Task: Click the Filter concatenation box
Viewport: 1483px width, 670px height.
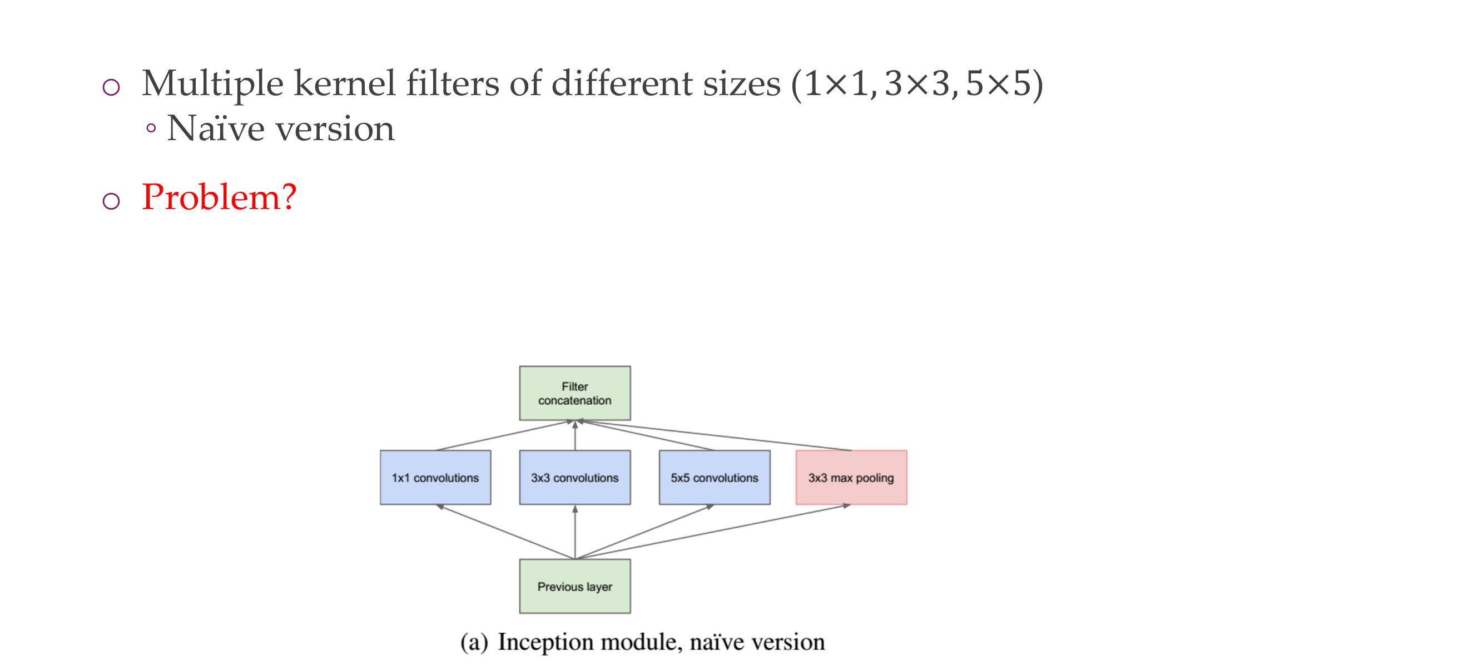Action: pos(574,393)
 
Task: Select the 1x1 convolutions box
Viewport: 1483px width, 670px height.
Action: pos(435,477)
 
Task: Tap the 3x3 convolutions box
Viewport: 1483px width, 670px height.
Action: pos(574,477)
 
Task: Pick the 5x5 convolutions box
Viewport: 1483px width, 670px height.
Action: pos(714,477)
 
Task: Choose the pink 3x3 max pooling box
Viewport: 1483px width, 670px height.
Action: pos(851,477)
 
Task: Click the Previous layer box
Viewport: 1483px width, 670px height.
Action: pos(574,586)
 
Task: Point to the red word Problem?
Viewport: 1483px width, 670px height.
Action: pos(219,197)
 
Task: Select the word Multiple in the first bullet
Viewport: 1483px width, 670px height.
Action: pos(212,84)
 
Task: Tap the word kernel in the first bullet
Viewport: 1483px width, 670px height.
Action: pos(344,84)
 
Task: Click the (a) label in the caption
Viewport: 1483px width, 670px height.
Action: pos(474,642)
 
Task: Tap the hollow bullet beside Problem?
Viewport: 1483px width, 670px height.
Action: pos(111,201)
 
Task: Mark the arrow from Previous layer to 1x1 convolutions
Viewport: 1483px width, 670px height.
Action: pos(505,532)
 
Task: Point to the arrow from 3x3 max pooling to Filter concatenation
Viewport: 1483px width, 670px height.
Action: pos(714,436)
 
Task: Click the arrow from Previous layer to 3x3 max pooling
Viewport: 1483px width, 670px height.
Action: pos(713,532)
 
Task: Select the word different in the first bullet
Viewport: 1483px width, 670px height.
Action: pos(622,84)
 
